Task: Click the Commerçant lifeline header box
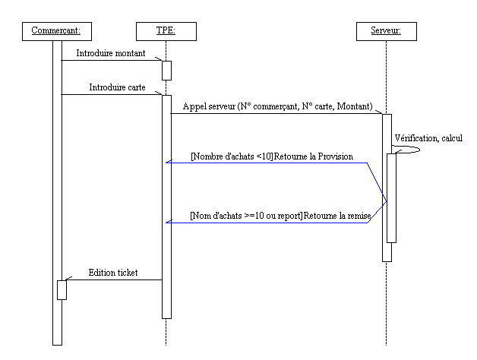[x=57, y=31]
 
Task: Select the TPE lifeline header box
[x=166, y=31]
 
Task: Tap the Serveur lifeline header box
[x=386, y=31]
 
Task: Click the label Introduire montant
[x=112, y=53]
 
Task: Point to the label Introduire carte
[x=118, y=87]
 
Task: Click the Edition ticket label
[x=113, y=272]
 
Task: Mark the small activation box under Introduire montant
[x=166, y=70]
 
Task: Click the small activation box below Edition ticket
[x=62, y=289]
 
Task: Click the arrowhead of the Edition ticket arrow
[x=70, y=279]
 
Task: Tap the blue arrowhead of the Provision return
[x=169, y=163]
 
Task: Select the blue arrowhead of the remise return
[x=169, y=223]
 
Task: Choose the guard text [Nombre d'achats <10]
[x=232, y=156]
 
